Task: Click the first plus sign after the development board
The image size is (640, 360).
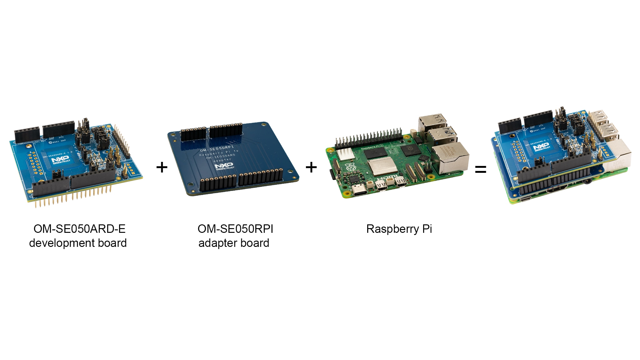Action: pyautogui.click(x=162, y=167)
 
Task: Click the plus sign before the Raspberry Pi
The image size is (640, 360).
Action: pyautogui.click(x=311, y=167)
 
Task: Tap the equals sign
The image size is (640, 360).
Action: pyautogui.click(x=481, y=169)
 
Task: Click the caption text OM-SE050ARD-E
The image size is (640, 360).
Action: pyautogui.click(x=79, y=229)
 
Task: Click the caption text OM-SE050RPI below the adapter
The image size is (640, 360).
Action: pyautogui.click(x=235, y=229)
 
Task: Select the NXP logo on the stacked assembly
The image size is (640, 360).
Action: pyautogui.click(x=541, y=147)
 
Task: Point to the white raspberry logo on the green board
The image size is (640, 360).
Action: pyautogui.click(x=350, y=167)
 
